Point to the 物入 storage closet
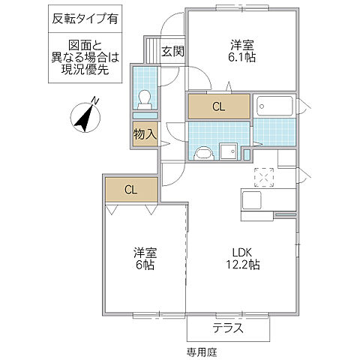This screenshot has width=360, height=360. tap(145, 136)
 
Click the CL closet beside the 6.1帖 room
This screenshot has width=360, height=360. tap(217, 106)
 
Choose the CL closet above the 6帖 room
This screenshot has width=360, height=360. tap(130, 189)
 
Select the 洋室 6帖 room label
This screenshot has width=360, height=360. tap(144, 258)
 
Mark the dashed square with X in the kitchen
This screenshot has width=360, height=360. tap(265, 178)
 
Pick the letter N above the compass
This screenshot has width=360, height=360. tap(94, 100)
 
